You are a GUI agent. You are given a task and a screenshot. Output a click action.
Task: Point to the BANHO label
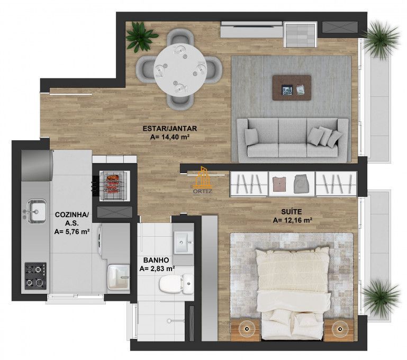tap(156, 260)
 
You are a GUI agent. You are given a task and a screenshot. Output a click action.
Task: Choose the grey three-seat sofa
tap(292, 139)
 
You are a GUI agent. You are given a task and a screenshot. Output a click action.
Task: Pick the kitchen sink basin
tap(35, 208)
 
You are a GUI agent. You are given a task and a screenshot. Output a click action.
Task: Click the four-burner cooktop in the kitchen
tap(34, 275)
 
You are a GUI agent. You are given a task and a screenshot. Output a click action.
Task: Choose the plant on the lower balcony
tap(379, 295)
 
